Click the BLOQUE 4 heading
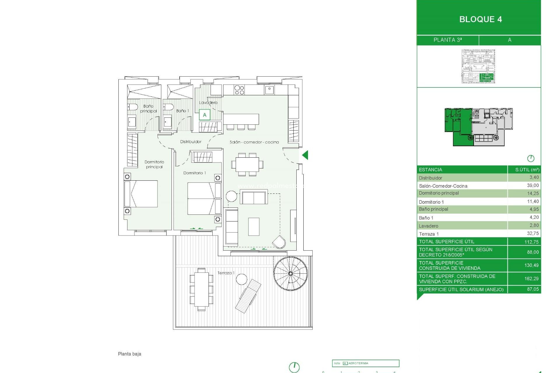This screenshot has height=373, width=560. [x=480, y=19]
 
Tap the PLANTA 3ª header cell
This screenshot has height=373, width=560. [x=447, y=40]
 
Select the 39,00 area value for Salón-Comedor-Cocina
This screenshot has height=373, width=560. [x=533, y=185]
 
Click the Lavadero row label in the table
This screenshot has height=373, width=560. [x=428, y=226]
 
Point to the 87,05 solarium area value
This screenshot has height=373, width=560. [x=533, y=289]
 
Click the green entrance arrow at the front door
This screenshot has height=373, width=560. [x=305, y=155]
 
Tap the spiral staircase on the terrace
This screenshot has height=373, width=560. [x=290, y=273]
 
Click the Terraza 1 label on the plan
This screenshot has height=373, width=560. [x=225, y=273]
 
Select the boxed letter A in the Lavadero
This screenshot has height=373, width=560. [x=204, y=115]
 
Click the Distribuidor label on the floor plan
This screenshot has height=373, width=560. [x=190, y=142]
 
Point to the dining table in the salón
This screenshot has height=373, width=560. [x=247, y=165]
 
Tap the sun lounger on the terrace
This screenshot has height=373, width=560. [x=248, y=296]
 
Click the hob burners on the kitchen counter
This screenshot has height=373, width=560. [x=239, y=90]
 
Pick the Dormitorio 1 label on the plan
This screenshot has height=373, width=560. [x=194, y=173]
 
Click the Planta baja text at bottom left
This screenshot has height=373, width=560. [x=129, y=354]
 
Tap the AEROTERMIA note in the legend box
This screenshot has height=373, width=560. [x=358, y=363]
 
